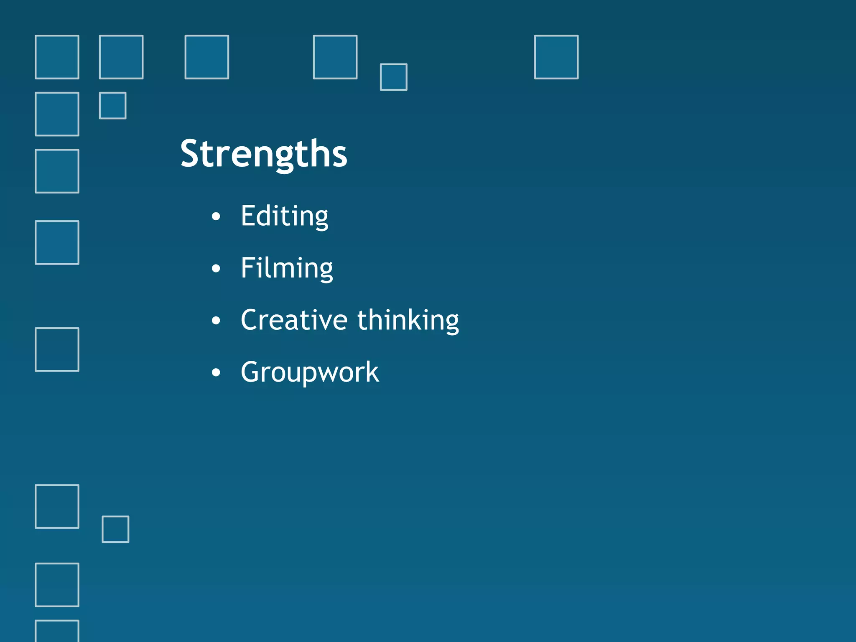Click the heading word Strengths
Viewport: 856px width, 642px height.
point(264,154)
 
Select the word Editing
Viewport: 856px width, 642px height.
point(284,217)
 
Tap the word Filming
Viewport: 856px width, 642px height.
point(287,268)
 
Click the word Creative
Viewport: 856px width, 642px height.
point(294,320)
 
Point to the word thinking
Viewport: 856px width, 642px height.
point(408,321)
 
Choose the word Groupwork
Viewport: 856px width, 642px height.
point(310,372)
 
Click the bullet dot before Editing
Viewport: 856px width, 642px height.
point(216,217)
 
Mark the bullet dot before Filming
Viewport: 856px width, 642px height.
point(216,268)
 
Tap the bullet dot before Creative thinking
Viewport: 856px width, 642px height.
point(216,321)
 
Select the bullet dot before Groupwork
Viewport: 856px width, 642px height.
point(216,372)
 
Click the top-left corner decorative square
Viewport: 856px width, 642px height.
point(57,57)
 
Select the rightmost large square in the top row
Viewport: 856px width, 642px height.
point(556,57)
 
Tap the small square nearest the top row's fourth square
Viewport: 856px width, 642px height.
point(393,77)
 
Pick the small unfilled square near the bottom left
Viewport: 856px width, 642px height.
point(115,529)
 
